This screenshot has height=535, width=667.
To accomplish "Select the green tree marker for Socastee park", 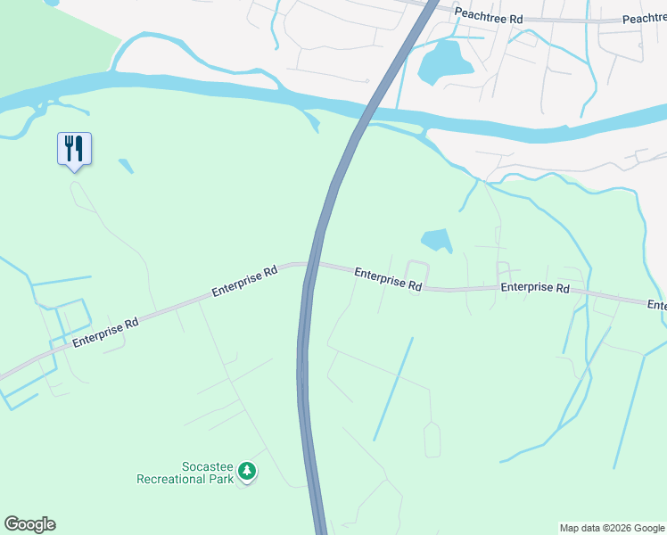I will click(248, 472).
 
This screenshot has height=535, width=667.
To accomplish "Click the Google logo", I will click(29, 524).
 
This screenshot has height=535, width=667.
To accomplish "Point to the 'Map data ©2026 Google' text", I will click(611, 528).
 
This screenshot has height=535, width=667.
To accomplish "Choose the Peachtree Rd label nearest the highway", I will click(486, 13).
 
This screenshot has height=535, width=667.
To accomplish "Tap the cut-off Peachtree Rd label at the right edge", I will click(645, 19).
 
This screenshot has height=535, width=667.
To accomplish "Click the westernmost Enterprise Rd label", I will click(105, 330).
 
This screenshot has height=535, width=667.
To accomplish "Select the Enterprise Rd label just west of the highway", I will click(245, 281).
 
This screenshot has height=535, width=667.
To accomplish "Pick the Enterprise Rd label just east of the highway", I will click(388, 278).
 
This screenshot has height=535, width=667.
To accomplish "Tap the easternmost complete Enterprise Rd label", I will click(534, 288).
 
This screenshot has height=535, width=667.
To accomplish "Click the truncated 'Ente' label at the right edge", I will click(657, 306).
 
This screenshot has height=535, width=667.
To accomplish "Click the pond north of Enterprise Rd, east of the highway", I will click(437, 240).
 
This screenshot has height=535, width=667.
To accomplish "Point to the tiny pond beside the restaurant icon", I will click(126, 165).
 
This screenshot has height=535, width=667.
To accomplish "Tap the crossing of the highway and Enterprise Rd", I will click(311, 266).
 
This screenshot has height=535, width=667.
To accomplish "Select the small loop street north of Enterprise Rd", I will click(417, 269).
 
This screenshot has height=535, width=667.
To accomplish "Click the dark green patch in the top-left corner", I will click(45, 45).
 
